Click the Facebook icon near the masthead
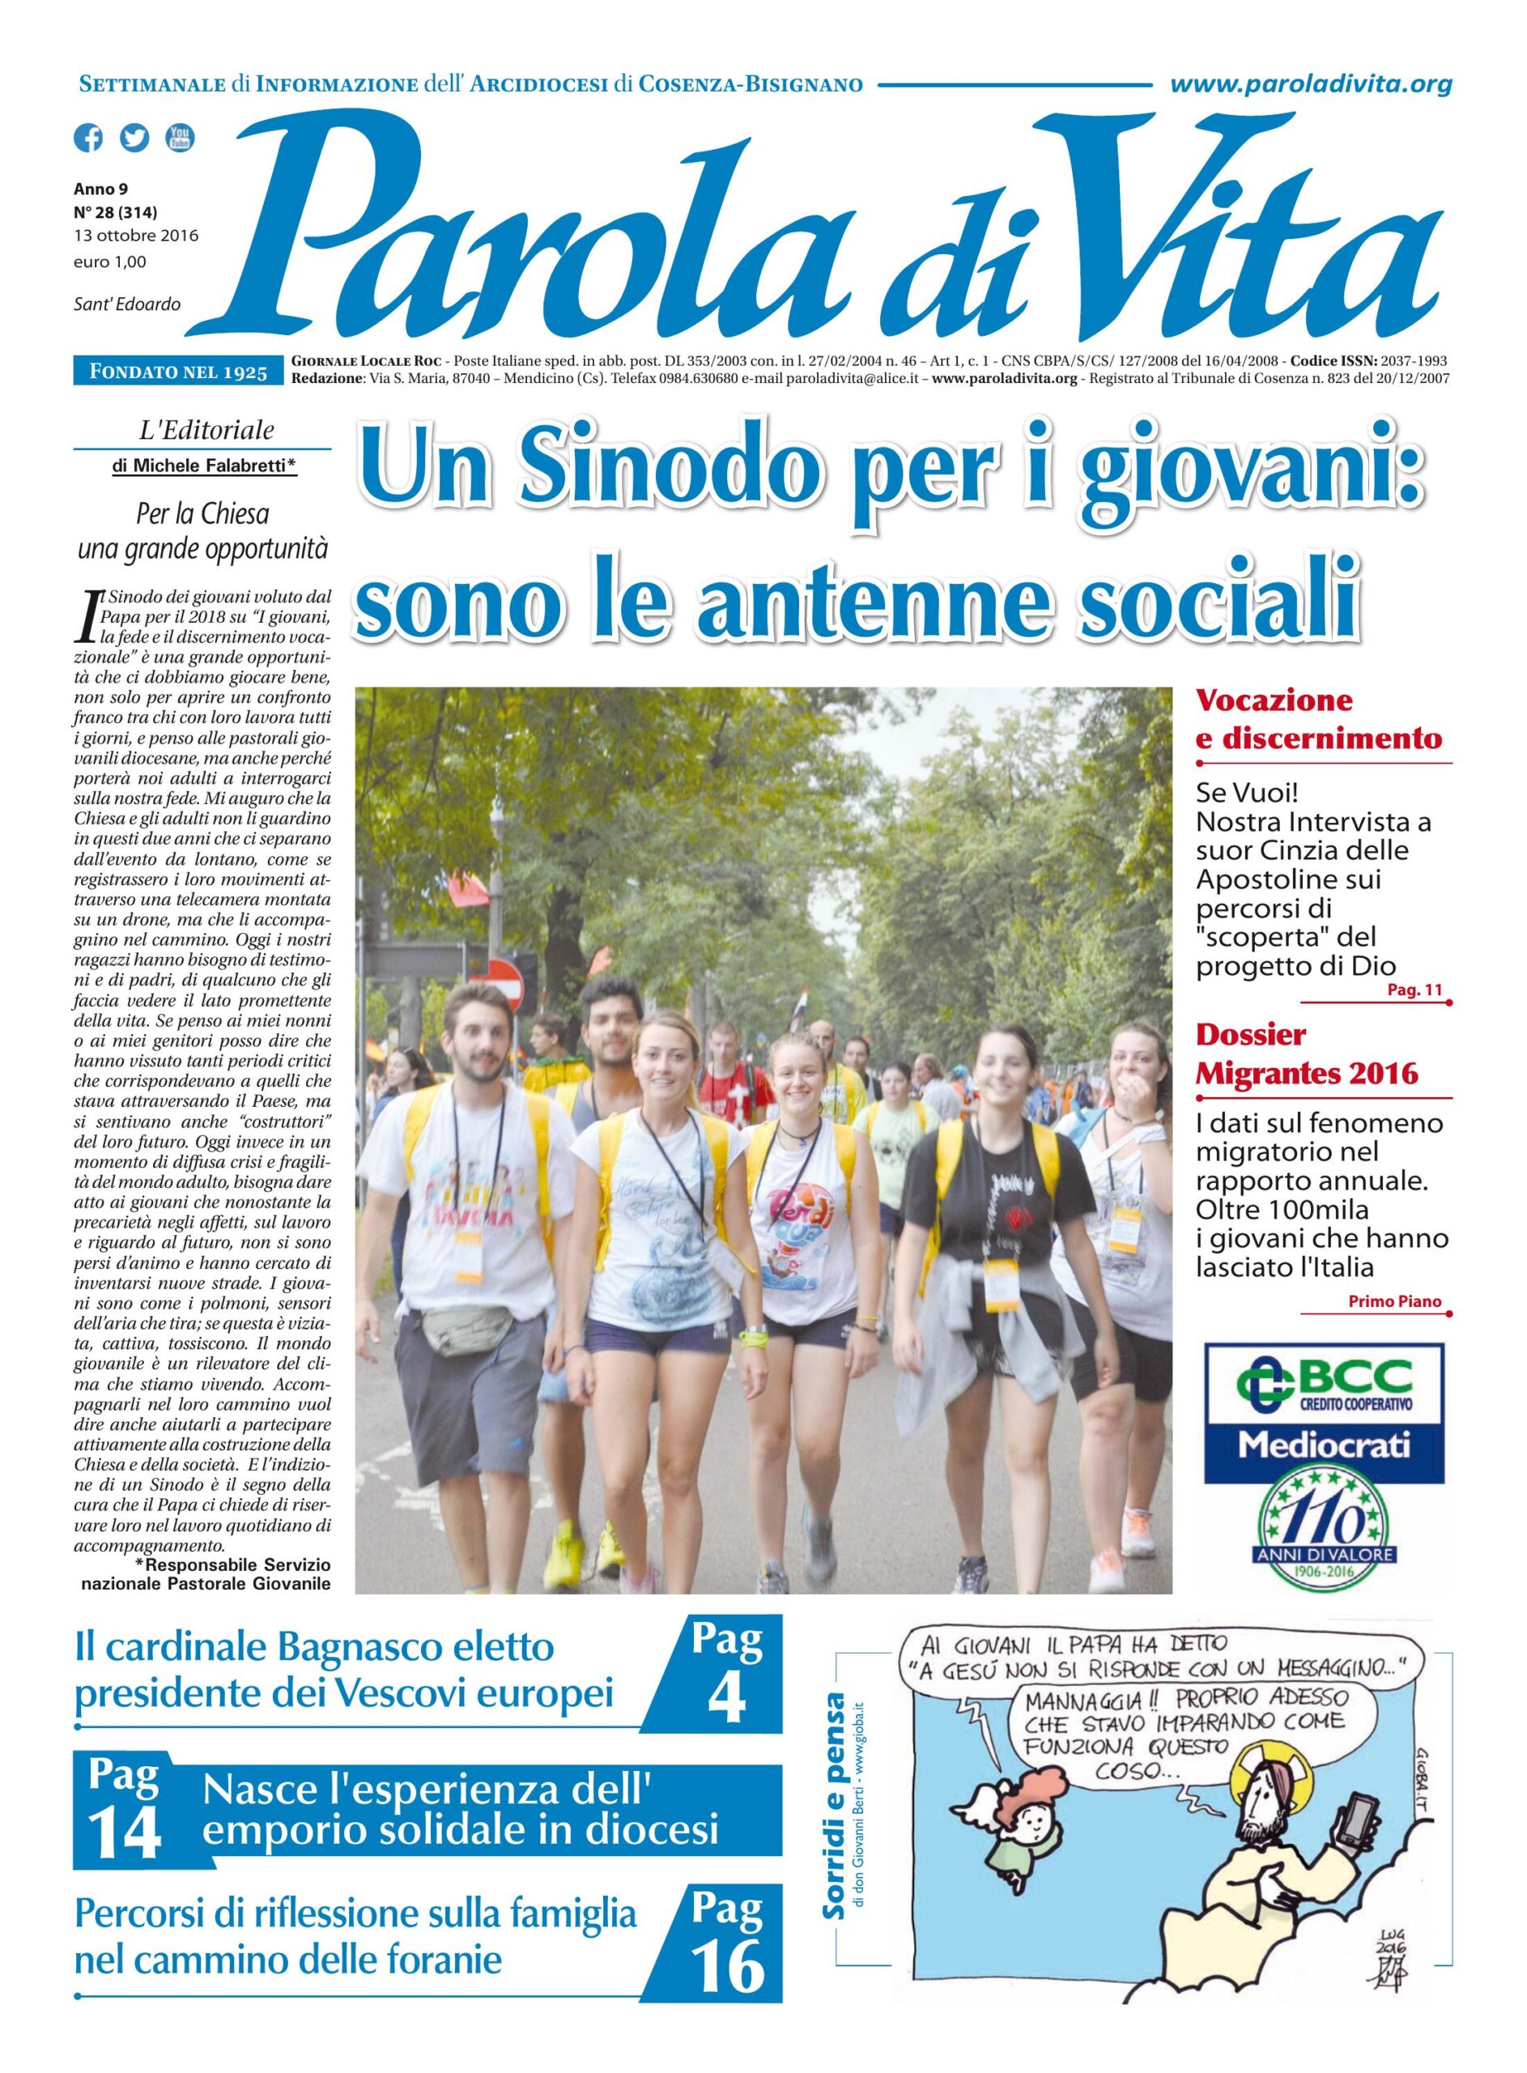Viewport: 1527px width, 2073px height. [89, 138]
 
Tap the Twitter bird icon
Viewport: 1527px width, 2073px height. [134, 138]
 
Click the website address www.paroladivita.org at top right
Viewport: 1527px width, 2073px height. [1310, 85]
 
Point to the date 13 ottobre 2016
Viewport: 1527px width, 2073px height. [136, 235]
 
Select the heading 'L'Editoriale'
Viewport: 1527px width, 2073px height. [204, 430]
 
